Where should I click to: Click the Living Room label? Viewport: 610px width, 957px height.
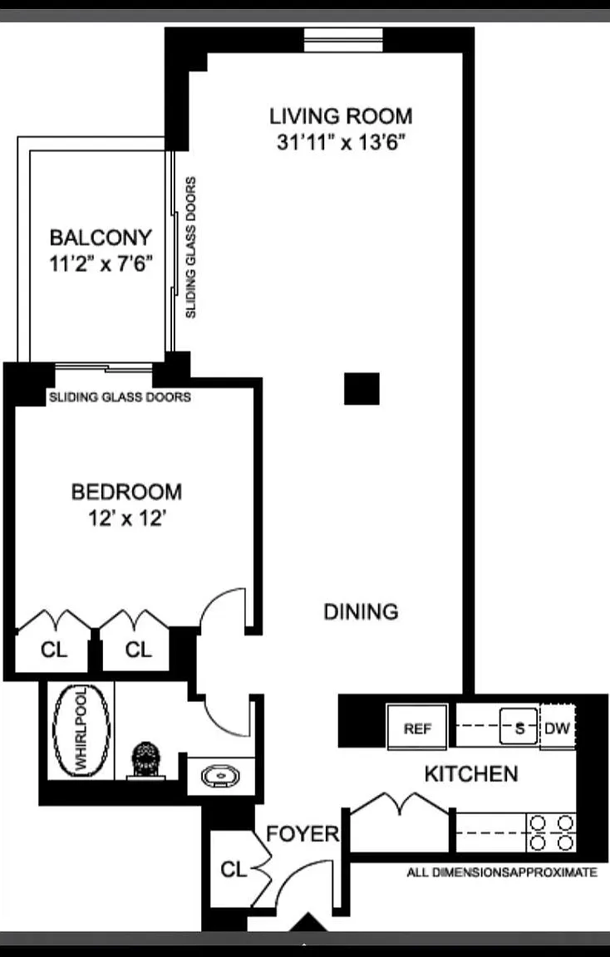click(341, 116)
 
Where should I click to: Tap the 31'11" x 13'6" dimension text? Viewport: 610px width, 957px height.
click(342, 142)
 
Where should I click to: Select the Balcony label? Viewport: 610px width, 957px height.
click(101, 237)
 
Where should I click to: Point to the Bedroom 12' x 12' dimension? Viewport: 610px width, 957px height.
click(127, 518)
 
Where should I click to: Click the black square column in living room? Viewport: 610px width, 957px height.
click(362, 389)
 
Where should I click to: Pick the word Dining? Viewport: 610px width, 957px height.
click(361, 611)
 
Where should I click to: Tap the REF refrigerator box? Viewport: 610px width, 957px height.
click(418, 726)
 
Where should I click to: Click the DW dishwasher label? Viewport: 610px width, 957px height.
click(557, 728)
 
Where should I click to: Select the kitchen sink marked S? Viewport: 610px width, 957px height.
click(519, 726)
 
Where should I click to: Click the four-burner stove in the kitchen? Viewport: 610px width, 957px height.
click(551, 832)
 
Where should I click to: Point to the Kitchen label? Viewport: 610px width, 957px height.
click(471, 774)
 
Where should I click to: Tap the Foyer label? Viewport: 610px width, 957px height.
click(303, 834)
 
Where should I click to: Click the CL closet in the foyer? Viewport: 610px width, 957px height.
click(234, 868)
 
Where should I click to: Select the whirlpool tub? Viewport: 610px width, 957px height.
click(81, 730)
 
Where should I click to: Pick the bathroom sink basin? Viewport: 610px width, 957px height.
click(220, 777)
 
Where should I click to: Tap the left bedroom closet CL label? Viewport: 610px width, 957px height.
click(54, 650)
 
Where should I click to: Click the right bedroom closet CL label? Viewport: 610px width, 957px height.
click(138, 650)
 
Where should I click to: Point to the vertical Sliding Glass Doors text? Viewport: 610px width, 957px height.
click(191, 248)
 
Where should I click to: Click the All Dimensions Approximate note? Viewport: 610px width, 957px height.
click(502, 872)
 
